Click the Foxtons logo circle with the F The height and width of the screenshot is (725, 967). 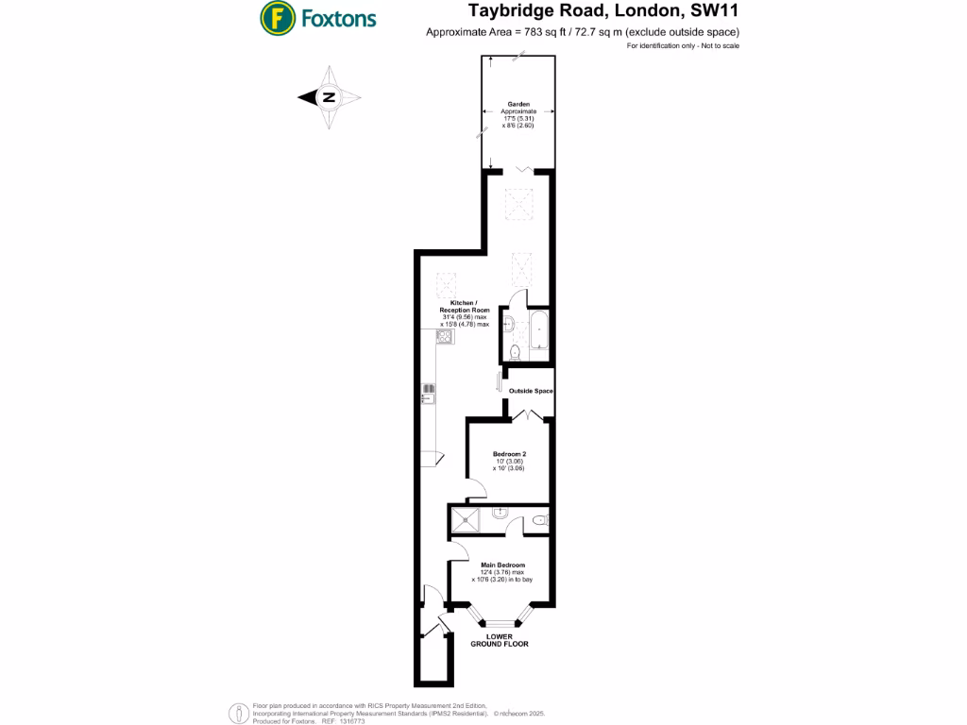[274, 17]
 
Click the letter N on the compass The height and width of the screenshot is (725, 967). [330, 96]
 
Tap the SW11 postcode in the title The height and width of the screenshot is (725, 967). [712, 11]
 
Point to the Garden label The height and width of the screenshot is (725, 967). [518, 104]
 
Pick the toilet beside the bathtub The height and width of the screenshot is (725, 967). [515, 352]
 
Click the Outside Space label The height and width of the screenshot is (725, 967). [531, 391]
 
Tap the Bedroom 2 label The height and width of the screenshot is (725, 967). [509, 455]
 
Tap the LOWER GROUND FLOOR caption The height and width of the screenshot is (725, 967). [500, 640]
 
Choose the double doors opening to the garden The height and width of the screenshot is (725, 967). [524, 171]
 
